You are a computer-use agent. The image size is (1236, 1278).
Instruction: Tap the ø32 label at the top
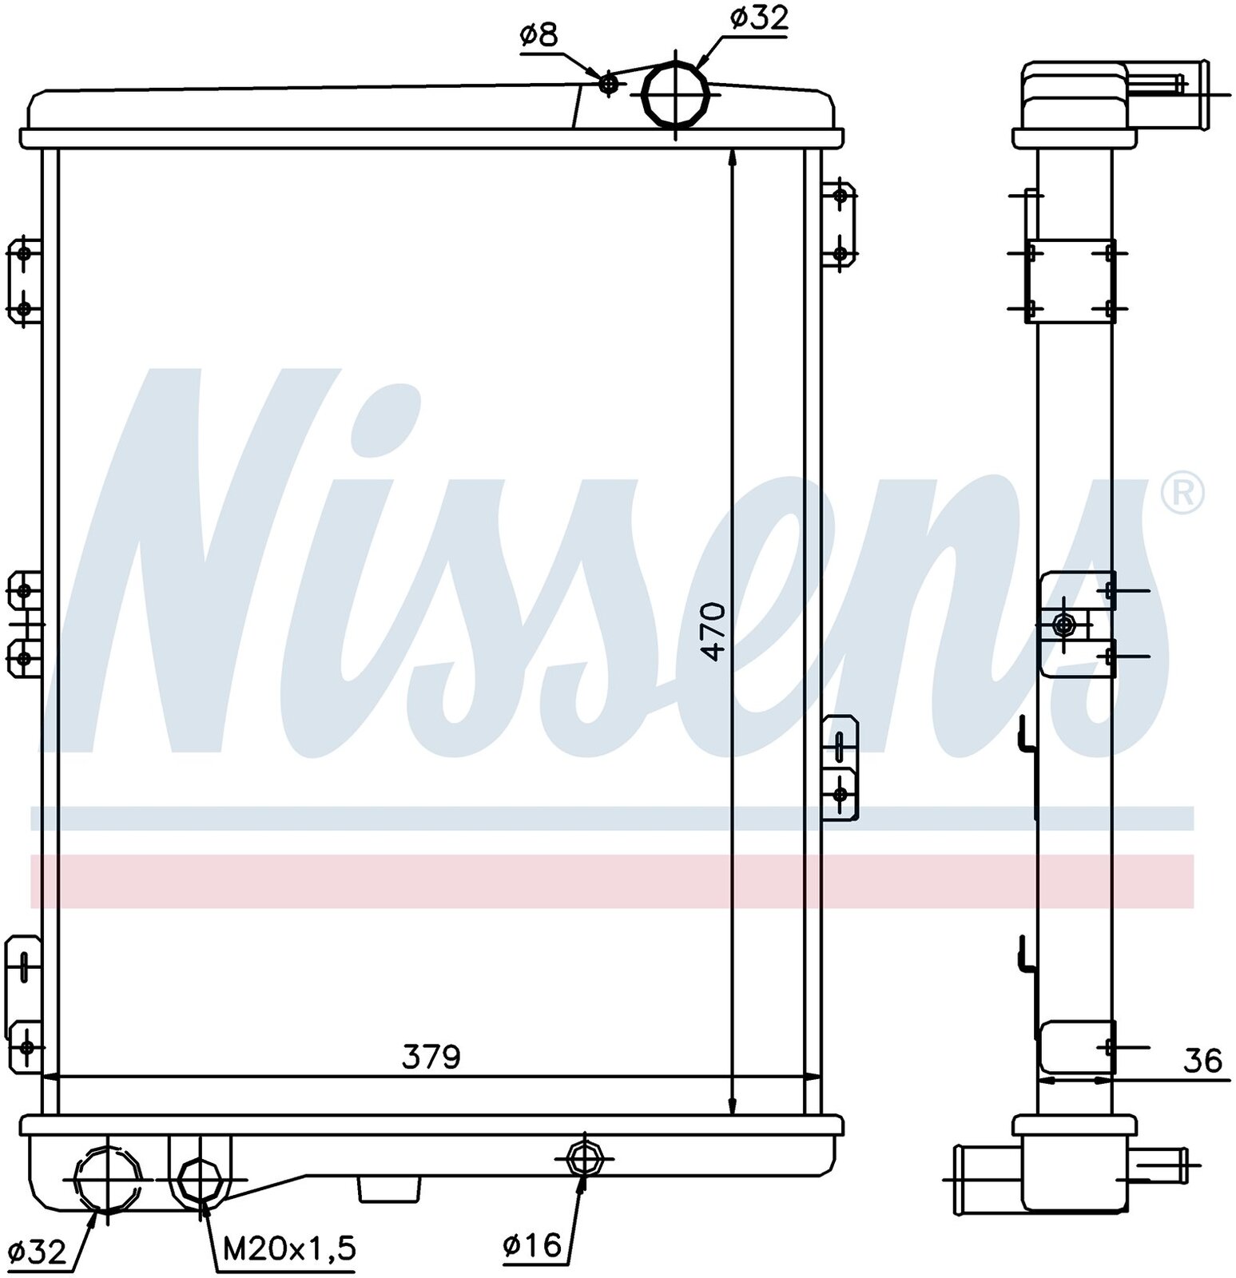759,18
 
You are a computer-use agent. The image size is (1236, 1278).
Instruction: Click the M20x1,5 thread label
288,1248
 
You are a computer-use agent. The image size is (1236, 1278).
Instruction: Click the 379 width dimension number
431,1058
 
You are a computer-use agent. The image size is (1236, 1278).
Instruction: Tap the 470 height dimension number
713,631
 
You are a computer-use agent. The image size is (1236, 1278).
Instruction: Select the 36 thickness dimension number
1202,1061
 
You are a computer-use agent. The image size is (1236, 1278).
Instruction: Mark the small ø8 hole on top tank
609,83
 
